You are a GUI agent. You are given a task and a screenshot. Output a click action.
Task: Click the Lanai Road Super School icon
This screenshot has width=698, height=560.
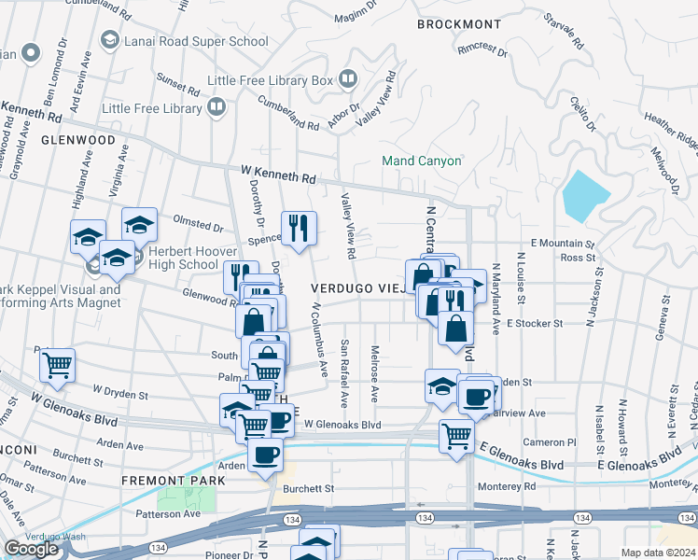110,41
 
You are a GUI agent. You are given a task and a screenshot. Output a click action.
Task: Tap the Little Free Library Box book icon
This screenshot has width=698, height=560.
349,80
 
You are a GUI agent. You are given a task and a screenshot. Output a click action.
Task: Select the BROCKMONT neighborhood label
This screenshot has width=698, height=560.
454,24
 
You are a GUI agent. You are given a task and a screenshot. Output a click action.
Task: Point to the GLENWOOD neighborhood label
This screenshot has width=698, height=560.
78,140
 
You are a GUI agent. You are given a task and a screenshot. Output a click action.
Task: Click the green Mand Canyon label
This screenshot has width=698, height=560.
422,161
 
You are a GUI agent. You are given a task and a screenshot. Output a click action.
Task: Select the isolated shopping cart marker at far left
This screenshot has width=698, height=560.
58,366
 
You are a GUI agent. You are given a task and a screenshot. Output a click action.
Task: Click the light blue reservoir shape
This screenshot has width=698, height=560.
585,194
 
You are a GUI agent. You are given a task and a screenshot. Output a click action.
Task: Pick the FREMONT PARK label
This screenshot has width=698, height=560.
173,481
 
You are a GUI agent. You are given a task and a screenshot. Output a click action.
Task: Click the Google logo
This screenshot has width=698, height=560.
31,549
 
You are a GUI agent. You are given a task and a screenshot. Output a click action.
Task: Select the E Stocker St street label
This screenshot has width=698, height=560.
536,324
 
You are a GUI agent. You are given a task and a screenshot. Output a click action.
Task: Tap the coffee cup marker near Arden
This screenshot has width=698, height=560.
266,455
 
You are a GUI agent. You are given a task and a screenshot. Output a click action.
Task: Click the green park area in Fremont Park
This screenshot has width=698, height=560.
185,497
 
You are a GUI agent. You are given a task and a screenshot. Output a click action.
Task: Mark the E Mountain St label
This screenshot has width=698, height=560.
563,243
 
